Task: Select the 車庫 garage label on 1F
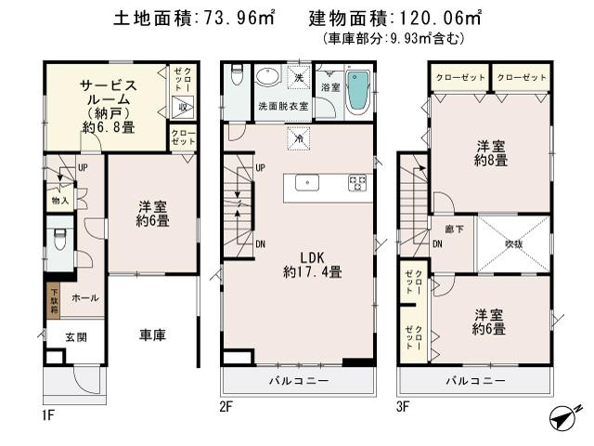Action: (152, 335)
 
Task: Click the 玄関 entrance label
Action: (76, 336)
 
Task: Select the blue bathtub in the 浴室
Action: (358, 94)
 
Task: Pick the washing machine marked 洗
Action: (299, 74)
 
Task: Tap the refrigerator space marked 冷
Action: (299, 138)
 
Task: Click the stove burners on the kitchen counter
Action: (356, 183)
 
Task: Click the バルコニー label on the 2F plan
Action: (296, 381)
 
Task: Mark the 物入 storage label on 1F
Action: (58, 199)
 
